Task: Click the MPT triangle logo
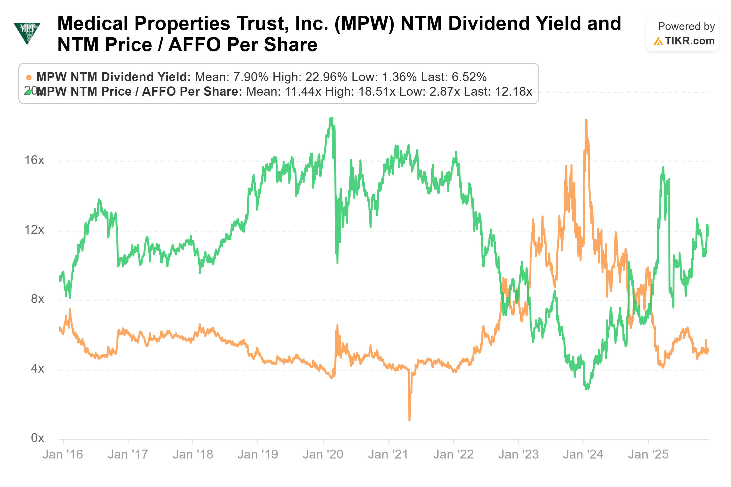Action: [x=27, y=33]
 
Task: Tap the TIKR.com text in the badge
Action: [x=689, y=41]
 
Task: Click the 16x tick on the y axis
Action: [x=34, y=160]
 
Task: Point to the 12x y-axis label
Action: [x=34, y=230]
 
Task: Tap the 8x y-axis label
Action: [x=37, y=299]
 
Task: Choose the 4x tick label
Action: [x=37, y=369]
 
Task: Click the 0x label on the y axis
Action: [x=37, y=438]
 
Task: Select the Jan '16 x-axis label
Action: [x=63, y=455]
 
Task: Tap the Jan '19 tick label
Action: [x=258, y=455]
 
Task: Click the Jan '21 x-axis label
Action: [x=388, y=455]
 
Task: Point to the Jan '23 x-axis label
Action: [x=518, y=455]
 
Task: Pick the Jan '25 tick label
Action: [x=648, y=455]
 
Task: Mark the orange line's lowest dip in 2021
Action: [x=409, y=420]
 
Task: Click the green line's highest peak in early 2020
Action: [x=332, y=118]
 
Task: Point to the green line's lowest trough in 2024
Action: [x=587, y=388]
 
